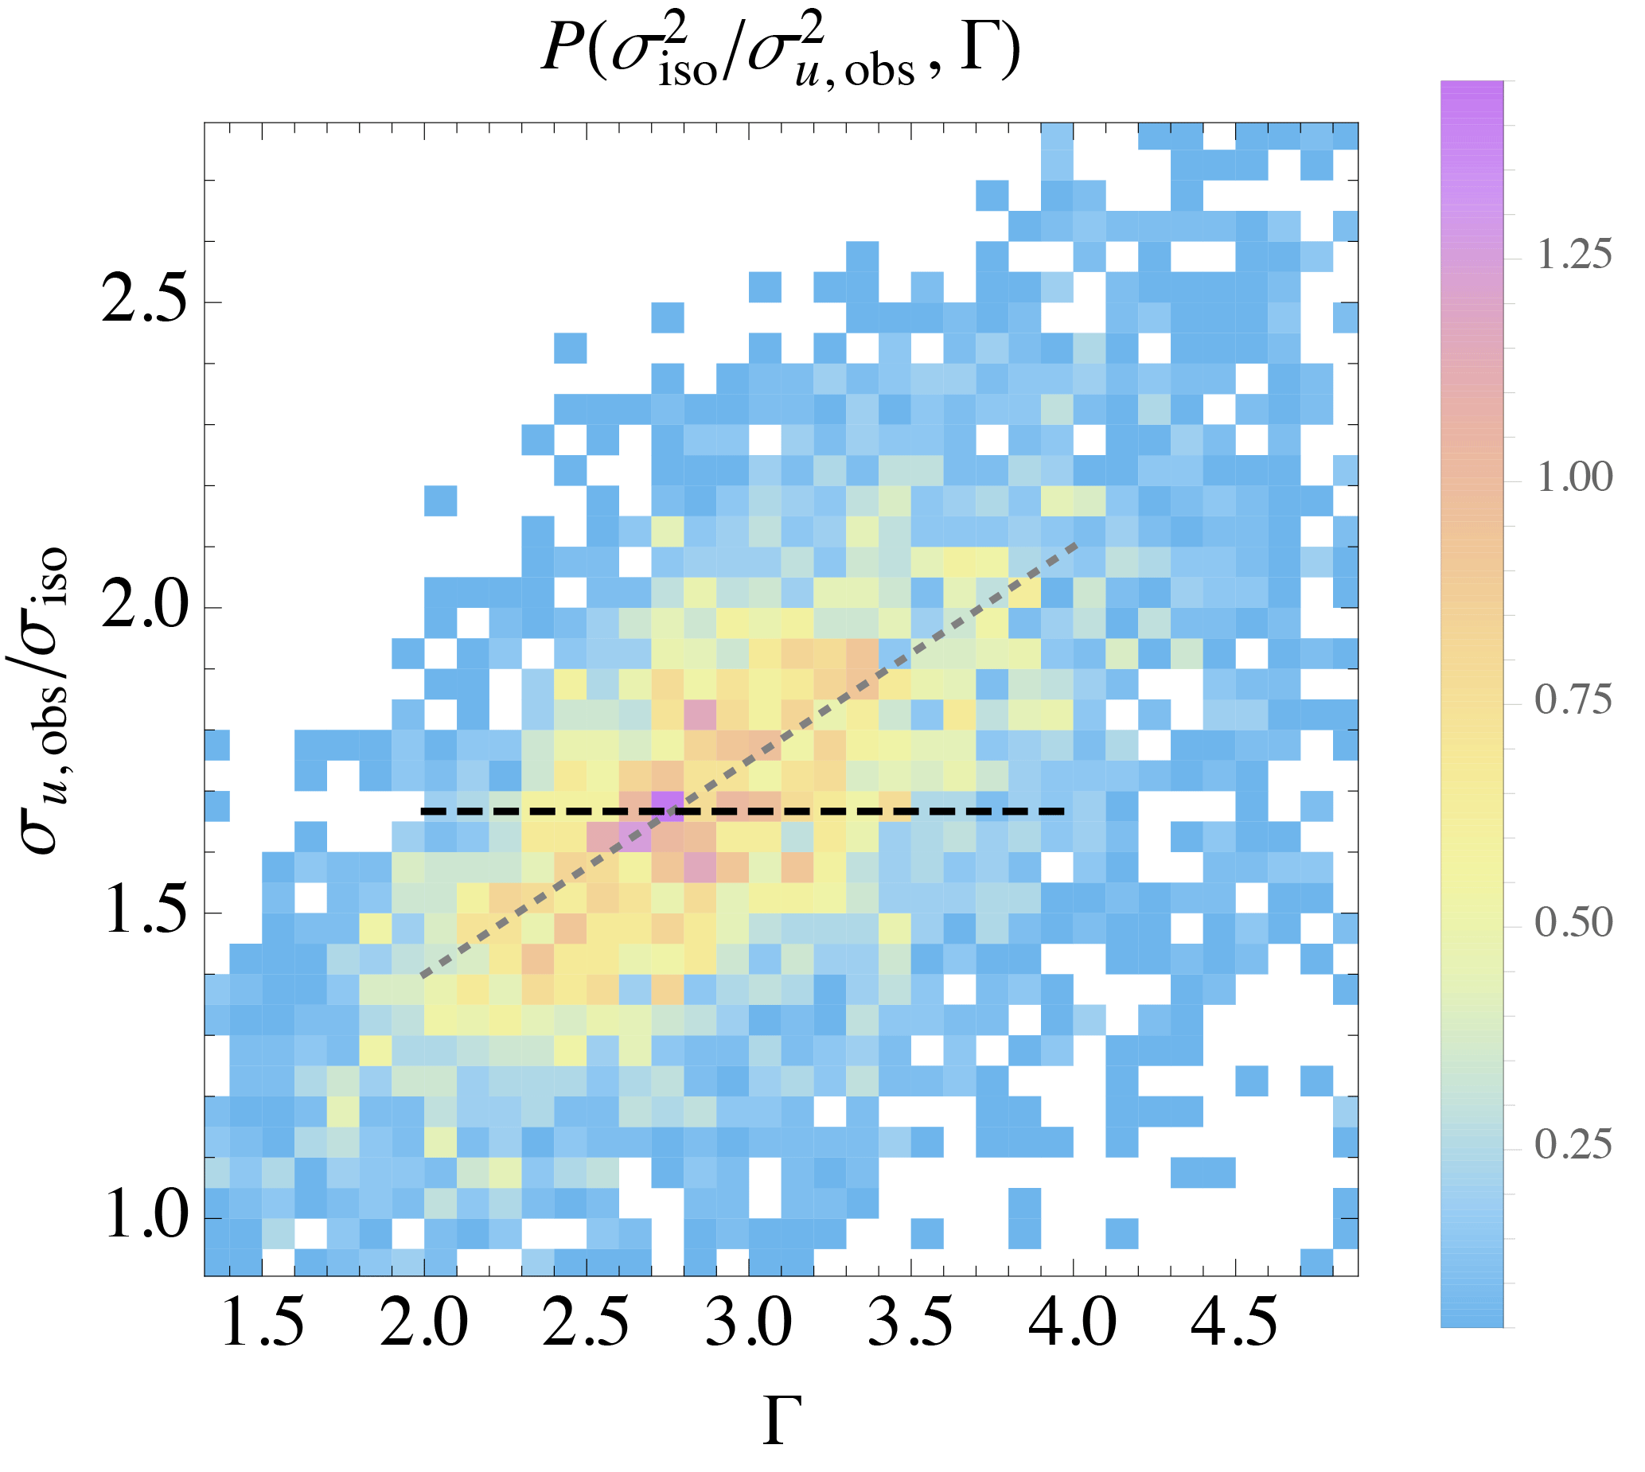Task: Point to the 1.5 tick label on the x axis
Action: pos(262,1323)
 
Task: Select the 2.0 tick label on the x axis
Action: pos(424,1323)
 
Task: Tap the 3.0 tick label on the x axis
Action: pos(749,1323)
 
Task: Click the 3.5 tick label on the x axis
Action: pos(910,1323)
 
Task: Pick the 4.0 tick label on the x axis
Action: pos(1074,1323)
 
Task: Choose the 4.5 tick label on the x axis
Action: pos(1235,1323)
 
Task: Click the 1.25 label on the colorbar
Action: pos(1573,255)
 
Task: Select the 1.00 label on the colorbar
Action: pos(1573,477)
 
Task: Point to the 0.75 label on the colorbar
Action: pos(1573,699)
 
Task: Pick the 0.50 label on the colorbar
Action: pos(1573,922)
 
